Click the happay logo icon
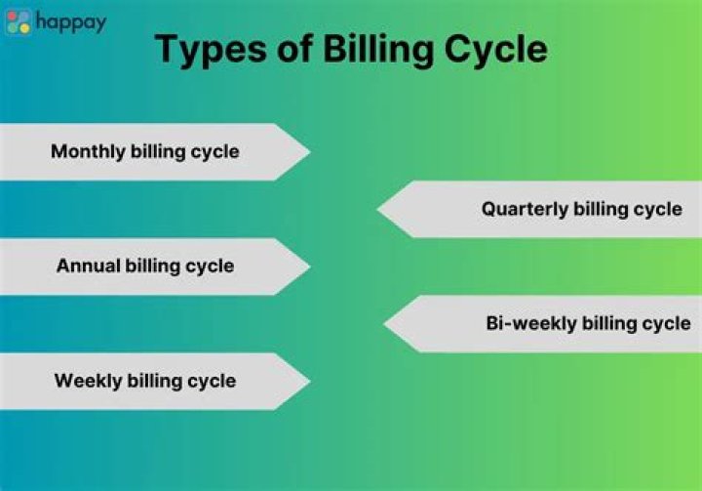point(19,21)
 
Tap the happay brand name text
point(70,21)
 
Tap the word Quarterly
point(525,209)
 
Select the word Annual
point(88,266)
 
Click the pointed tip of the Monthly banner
point(307,151)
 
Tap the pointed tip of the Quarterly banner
point(380,209)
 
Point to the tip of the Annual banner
point(307,266)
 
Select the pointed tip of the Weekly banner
point(307,381)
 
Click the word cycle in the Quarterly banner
point(658,209)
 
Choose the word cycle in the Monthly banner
point(214,151)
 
